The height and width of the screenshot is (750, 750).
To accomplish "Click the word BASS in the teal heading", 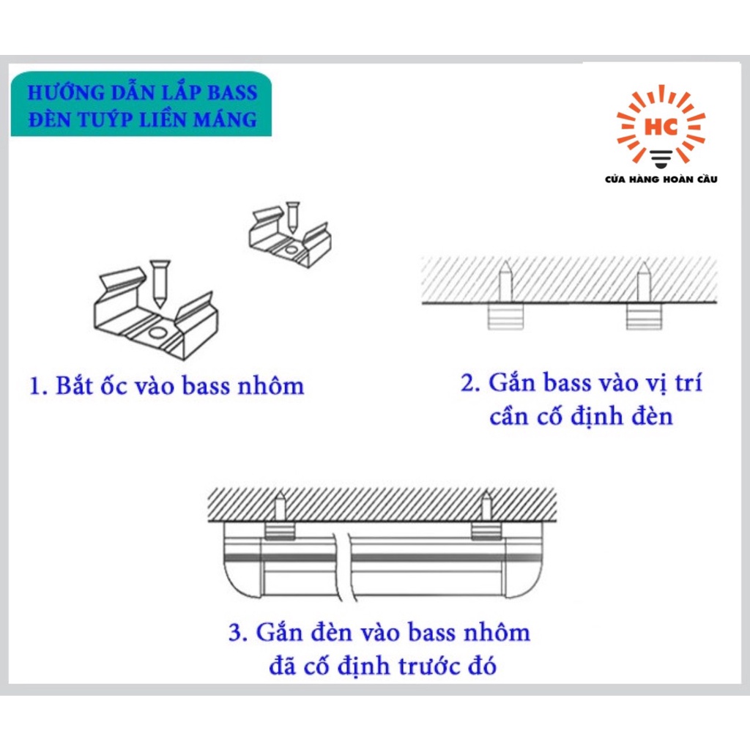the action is point(231,92).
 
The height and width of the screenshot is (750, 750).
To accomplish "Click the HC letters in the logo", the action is point(661,127).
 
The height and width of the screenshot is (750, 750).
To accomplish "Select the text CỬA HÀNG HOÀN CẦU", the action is point(661,179).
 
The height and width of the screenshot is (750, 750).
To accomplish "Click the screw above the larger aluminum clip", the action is point(159,283).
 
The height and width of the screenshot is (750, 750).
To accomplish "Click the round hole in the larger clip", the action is point(158,333).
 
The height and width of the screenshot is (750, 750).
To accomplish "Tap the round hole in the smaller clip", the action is point(290,250).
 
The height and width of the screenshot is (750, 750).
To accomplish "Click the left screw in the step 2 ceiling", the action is point(506,283).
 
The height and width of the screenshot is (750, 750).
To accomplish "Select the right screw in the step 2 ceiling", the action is point(644,283).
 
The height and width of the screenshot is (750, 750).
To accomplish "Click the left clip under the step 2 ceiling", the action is point(505,316).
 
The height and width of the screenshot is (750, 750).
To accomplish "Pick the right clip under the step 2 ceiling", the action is point(645,316).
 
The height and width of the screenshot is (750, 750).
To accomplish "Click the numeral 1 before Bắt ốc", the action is point(37,386).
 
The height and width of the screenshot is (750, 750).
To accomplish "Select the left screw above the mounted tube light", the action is point(279,507).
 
